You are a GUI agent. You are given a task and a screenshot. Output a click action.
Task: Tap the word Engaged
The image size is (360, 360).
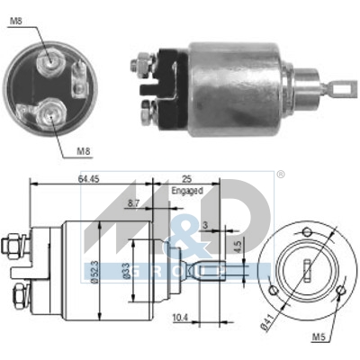187,191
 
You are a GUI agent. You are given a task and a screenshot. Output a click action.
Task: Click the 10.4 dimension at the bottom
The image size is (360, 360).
180,317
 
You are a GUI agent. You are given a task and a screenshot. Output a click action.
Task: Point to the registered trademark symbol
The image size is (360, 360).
280,174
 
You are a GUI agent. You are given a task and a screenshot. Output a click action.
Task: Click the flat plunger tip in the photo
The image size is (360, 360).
338,89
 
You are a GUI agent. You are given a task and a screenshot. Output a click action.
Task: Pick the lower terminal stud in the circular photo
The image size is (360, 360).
45,112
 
